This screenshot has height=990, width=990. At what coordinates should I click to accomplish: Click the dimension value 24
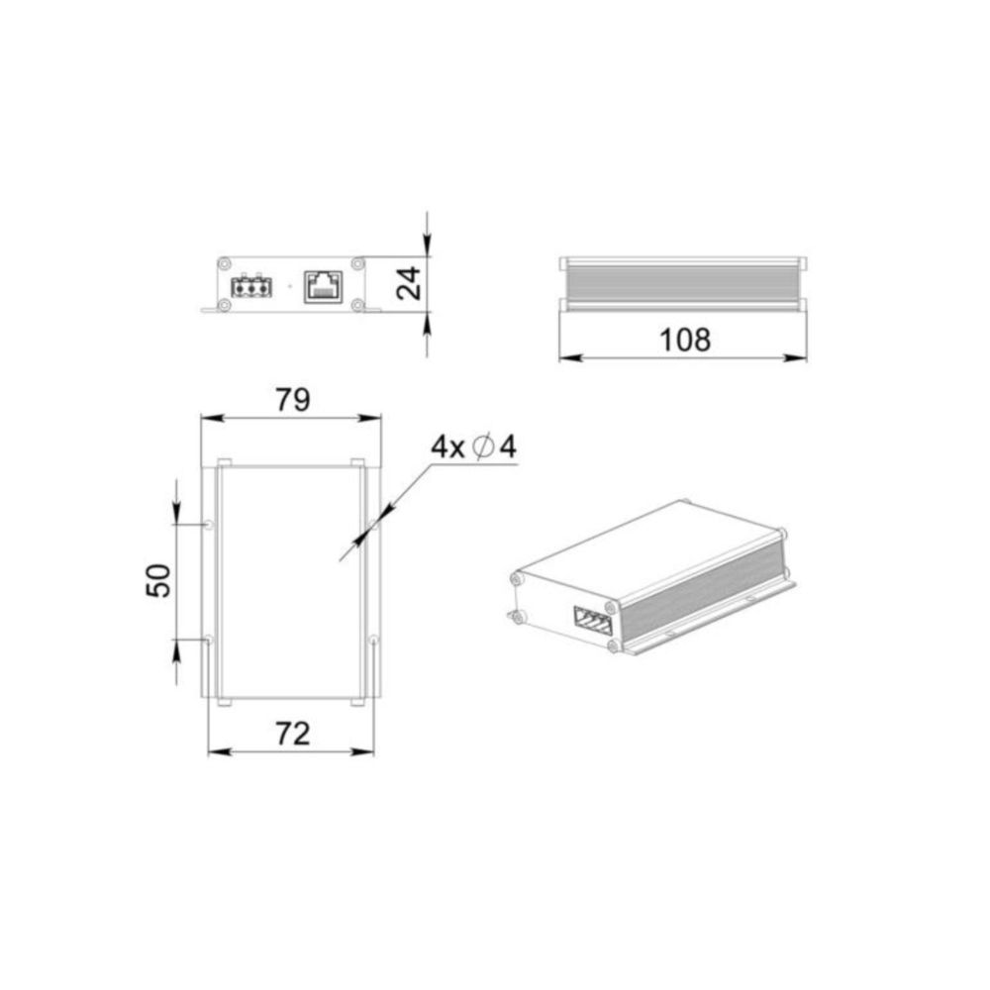click(x=409, y=283)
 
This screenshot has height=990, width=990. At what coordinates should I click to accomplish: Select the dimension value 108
click(x=685, y=340)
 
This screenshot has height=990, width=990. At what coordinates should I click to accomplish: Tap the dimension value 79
click(x=293, y=400)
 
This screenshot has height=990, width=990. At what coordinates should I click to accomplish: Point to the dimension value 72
click(x=293, y=735)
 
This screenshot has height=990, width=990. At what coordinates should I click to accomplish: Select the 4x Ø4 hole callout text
click(x=473, y=447)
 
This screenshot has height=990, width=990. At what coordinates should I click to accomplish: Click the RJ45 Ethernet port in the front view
click(x=324, y=287)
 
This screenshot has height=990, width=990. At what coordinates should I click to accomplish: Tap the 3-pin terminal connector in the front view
click(x=251, y=288)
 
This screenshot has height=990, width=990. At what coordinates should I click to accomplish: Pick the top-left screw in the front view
click(x=224, y=263)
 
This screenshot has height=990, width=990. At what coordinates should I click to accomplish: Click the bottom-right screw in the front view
click(x=358, y=306)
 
